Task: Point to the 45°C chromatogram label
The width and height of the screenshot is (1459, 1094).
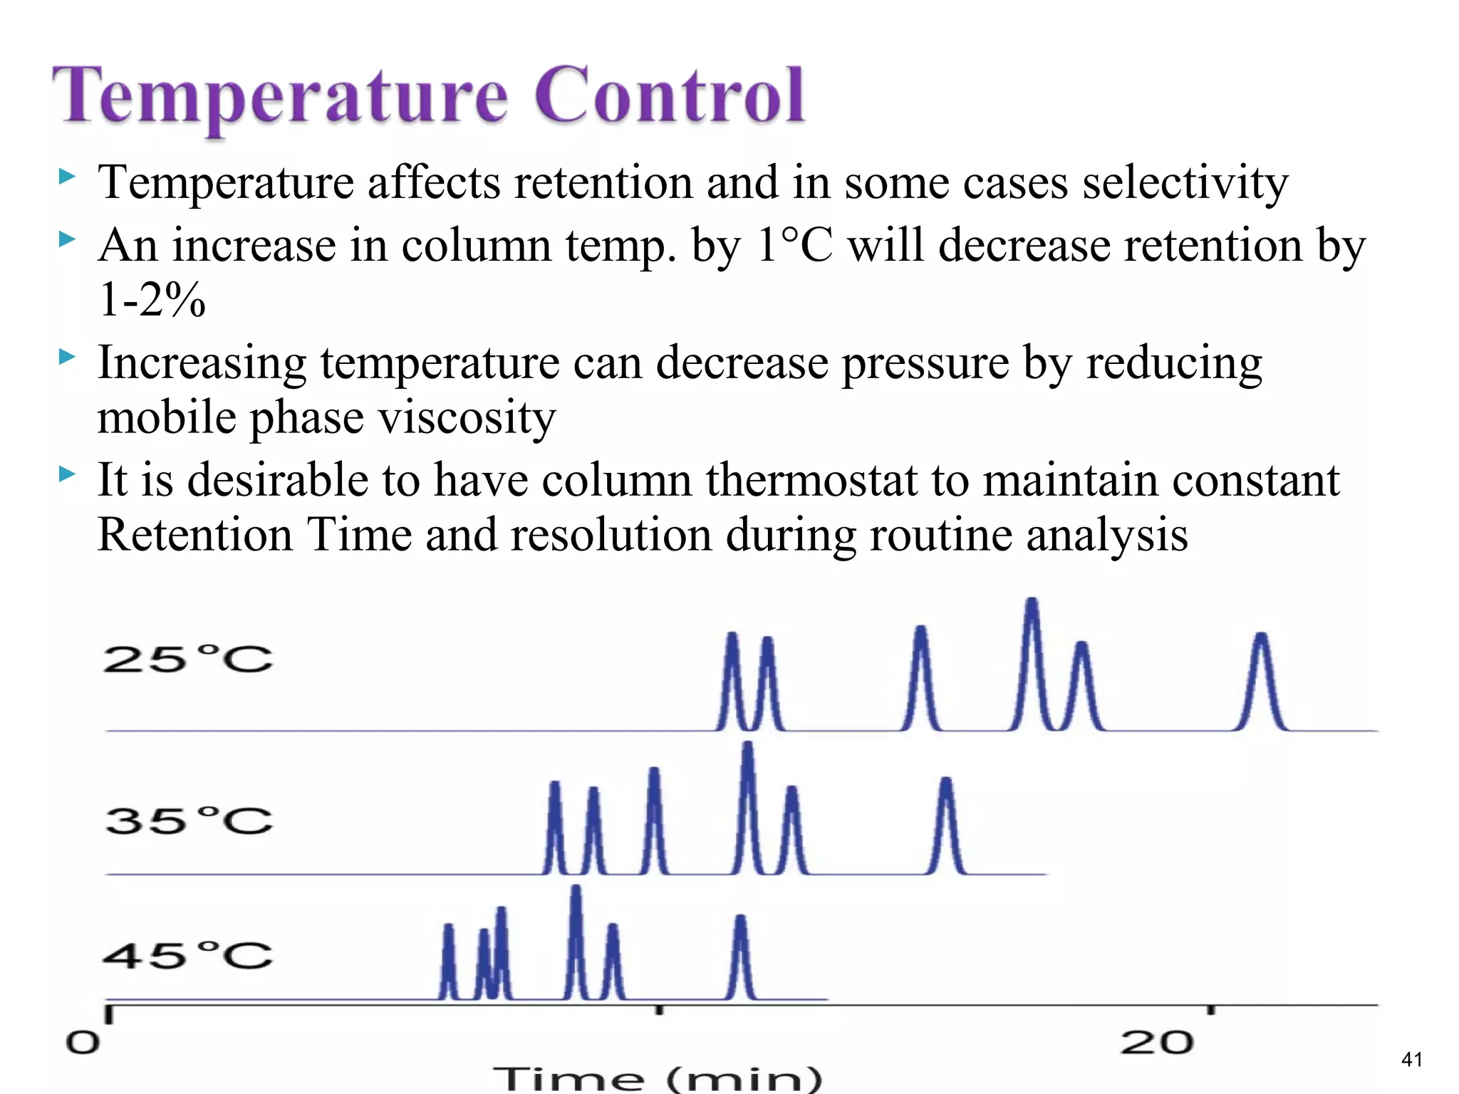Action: tap(187, 955)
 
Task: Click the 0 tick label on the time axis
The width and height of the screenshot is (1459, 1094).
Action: tap(83, 1043)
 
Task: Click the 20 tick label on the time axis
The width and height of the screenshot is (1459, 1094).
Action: tap(1156, 1043)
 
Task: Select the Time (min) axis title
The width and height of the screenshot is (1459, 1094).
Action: tap(658, 1080)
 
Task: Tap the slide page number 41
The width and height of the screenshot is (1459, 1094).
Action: tap(1411, 1060)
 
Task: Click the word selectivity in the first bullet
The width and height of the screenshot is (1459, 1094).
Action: tap(1185, 183)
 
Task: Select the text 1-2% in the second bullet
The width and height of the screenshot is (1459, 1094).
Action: tap(152, 299)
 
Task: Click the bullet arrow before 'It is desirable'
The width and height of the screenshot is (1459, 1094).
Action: tap(67, 473)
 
